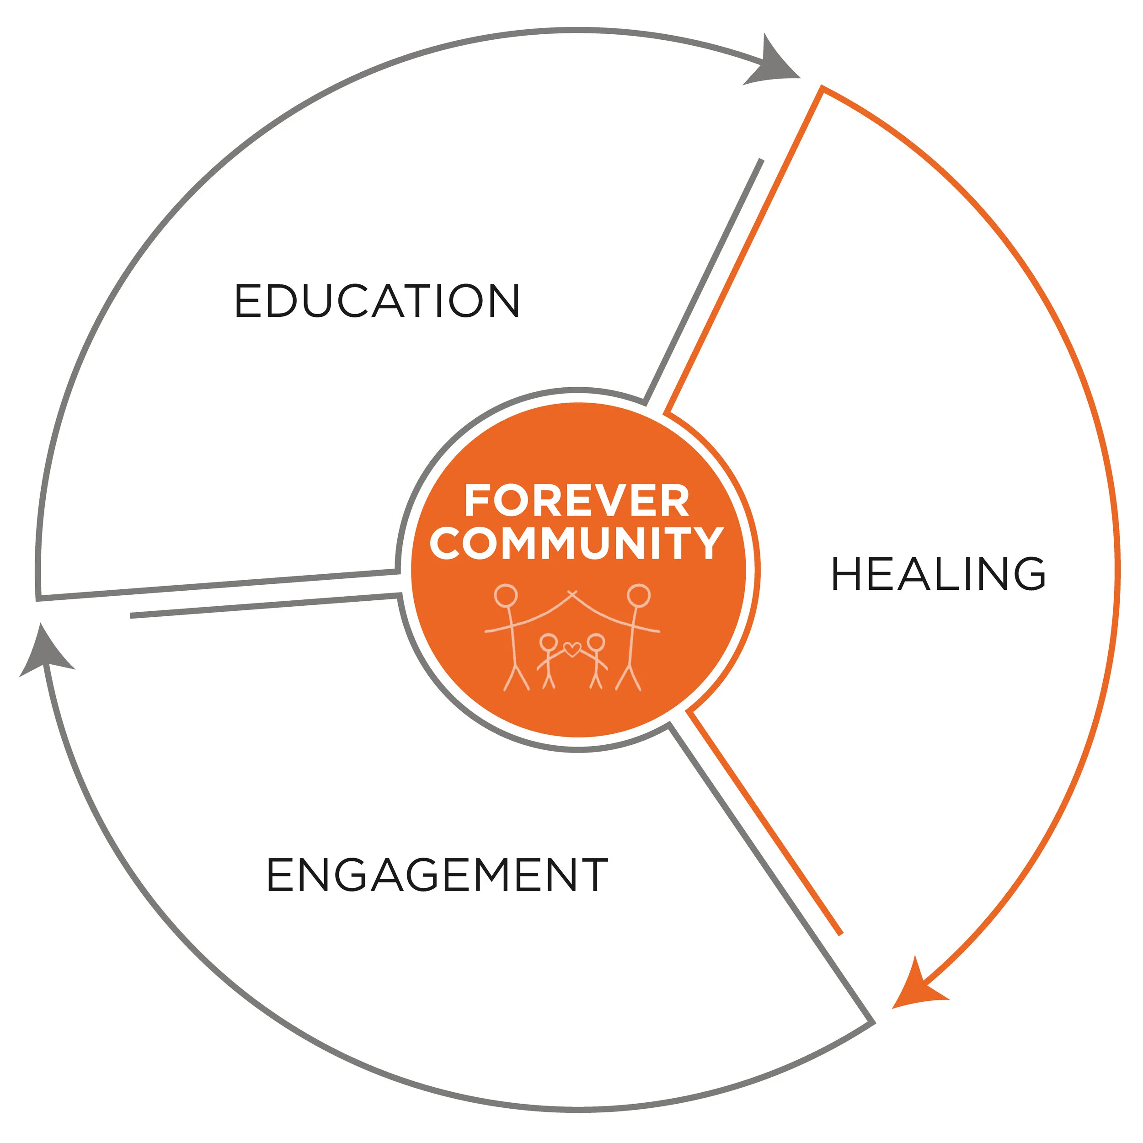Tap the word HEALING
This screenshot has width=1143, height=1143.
[x=938, y=574]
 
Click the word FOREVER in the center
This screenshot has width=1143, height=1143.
[x=577, y=501]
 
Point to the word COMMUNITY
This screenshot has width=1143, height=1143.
[x=577, y=543]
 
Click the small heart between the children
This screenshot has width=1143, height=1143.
[x=571, y=649]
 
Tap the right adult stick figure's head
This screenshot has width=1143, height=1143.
[x=639, y=595]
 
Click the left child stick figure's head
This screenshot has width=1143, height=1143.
[x=549, y=642]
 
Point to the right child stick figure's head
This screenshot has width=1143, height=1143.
[x=596, y=642]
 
